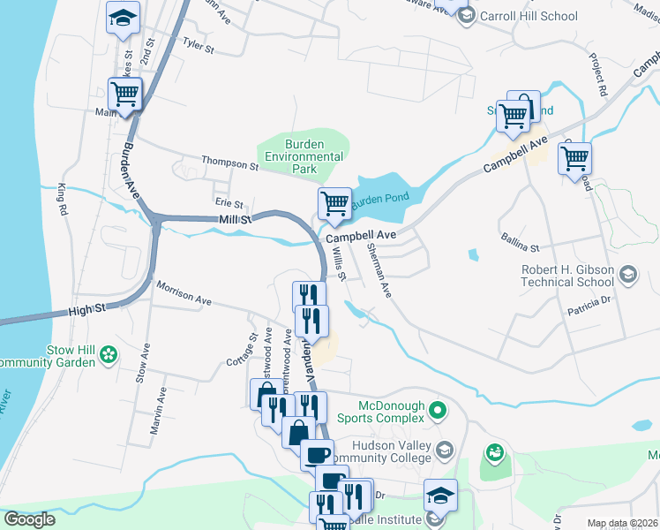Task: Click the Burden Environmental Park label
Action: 303,156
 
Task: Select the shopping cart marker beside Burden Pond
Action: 334,204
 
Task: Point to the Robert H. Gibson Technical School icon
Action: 628,274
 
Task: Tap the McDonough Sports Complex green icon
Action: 443,410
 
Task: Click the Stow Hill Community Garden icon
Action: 109,354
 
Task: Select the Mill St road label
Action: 235,218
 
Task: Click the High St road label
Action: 87,308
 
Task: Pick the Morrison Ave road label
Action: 184,294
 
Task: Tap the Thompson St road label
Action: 229,163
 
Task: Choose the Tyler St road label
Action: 199,46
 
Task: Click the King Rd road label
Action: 62,201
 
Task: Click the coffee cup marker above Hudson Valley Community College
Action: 317,455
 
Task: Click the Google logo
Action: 29,519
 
